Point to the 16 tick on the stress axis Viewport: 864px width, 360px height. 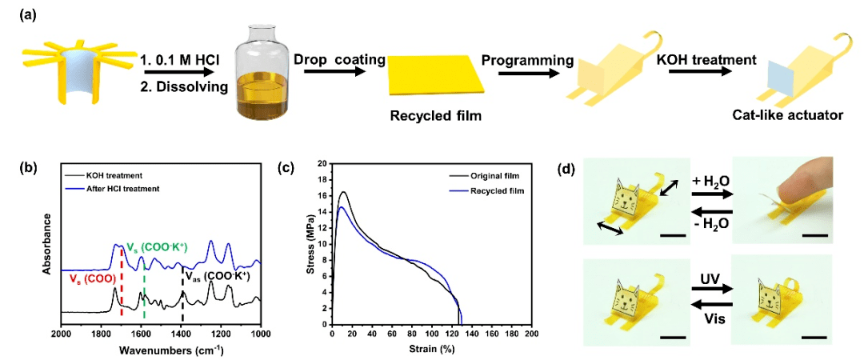click(x=323, y=195)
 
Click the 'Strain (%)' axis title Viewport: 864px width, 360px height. click(x=431, y=349)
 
